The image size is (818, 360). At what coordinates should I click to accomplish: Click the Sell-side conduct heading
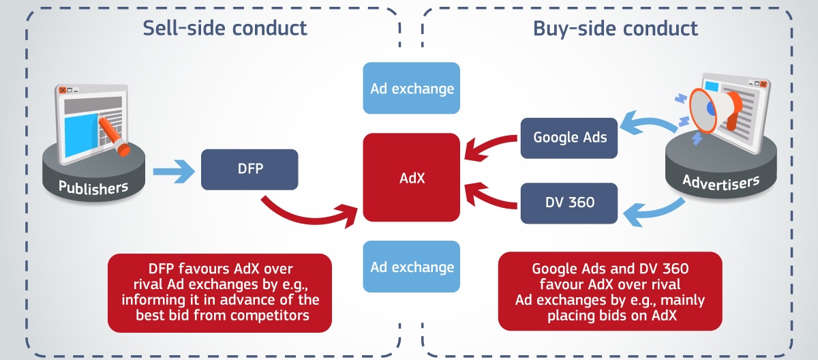[225, 28]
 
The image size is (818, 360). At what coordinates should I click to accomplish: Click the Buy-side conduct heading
[616, 28]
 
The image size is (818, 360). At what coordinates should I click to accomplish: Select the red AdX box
[412, 177]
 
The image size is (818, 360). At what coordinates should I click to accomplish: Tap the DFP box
[249, 169]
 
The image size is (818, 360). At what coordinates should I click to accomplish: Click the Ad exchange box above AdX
[412, 88]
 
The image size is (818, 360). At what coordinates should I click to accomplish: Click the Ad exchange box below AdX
[412, 267]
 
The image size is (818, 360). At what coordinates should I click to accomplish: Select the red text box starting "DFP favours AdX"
[219, 290]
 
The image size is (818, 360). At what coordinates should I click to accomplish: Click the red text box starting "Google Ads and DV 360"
[609, 290]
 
